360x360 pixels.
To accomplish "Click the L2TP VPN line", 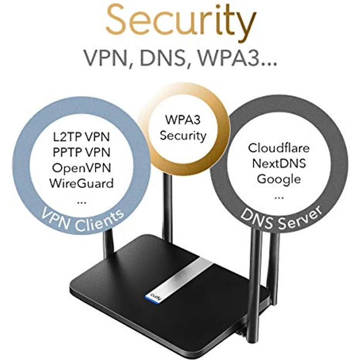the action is (82, 137).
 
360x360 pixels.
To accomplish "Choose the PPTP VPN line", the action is (82, 152).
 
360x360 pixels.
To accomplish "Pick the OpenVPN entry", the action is (82, 168).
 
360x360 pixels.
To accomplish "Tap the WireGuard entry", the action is (82, 183).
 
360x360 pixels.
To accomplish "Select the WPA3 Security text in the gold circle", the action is (183, 128).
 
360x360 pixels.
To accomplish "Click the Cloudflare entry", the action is (279, 148).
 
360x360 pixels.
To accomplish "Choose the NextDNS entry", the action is (279, 163).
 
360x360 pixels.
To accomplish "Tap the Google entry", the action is (279, 180).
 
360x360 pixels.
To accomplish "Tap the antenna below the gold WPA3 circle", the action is (168, 206).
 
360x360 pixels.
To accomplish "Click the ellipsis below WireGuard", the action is (82, 202).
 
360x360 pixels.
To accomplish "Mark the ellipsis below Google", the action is (279, 198).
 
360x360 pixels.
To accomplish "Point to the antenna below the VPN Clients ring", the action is (109, 243).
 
